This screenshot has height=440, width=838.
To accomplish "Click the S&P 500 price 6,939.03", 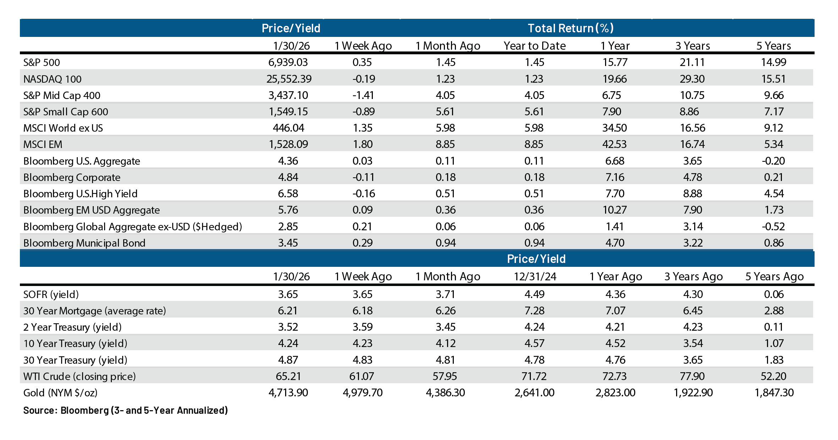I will [x=288, y=62].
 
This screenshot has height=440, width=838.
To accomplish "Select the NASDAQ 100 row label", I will [x=53, y=79].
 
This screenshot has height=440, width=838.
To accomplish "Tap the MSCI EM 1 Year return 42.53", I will [x=614, y=144].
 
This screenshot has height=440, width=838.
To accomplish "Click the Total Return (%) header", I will [x=571, y=28].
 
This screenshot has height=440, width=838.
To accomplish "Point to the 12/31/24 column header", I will [x=535, y=276].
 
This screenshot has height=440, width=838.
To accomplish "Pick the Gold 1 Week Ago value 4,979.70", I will [x=363, y=393].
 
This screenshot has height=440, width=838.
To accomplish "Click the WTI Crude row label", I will [x=80, y=376].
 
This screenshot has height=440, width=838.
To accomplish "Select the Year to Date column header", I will [x=535, y=46].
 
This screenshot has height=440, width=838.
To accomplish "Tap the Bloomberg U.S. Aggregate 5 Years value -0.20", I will [x=773, y=161].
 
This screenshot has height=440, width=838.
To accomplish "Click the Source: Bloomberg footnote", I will [x=125, y=411].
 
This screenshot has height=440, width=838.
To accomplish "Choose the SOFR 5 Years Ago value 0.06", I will [x=774, y=295].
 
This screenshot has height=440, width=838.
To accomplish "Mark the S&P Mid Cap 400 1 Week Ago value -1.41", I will [x=363, y=95].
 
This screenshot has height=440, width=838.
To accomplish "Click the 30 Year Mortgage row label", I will [x=94, y=311].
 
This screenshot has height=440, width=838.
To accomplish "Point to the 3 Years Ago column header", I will [x=693, y=276].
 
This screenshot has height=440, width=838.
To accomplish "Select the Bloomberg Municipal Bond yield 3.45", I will [x=288, y=243].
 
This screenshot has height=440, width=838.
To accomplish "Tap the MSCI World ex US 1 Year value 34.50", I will [x=614, y=128].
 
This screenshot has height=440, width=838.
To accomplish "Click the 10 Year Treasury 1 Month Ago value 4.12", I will [x=445, y=343].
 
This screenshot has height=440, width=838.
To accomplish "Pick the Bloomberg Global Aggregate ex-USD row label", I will [x=132, y=227].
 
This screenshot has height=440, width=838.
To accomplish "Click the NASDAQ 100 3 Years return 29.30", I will [x=692, y=79].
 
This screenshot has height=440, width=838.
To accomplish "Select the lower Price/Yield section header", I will [x=536, y=259].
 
